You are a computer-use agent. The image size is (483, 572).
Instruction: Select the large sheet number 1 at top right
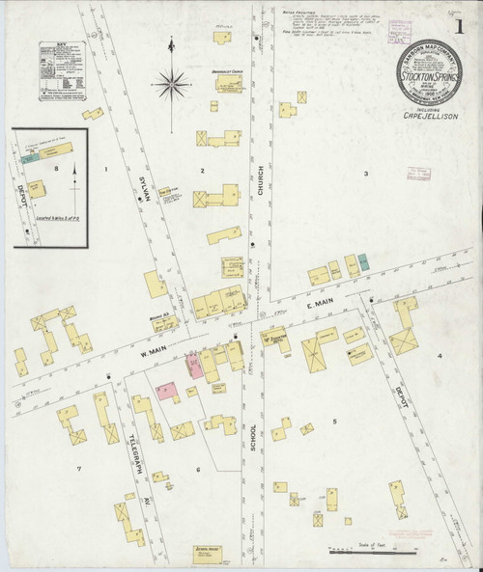tap(469, 17)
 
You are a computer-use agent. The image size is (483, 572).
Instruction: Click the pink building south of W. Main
tap(166, 391)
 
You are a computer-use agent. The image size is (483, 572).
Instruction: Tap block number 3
tap(365, 174)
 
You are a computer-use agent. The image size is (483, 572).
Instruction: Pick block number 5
tap(335, 422)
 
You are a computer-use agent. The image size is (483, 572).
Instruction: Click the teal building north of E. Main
tap(364, 262)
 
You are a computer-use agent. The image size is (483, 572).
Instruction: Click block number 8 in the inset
tap(56, 170)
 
